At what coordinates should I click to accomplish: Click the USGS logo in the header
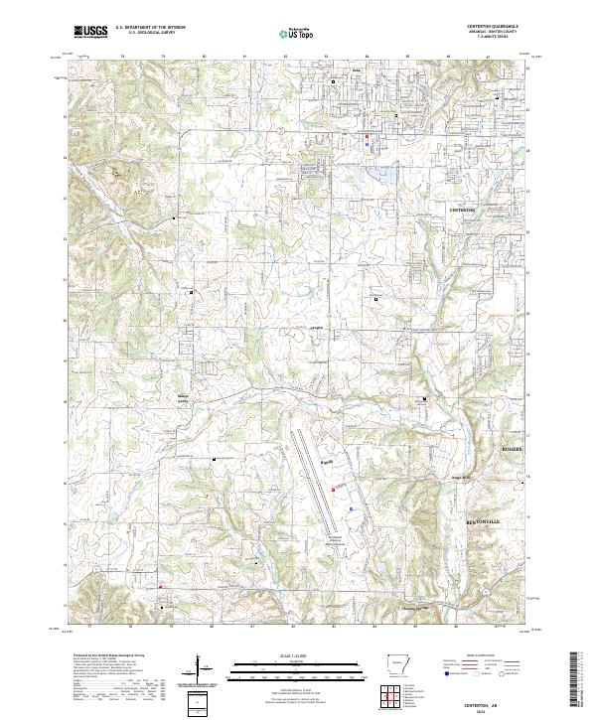point(90,32)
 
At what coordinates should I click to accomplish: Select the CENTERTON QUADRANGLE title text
point(496,27)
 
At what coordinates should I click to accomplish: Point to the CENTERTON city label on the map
point(464,212)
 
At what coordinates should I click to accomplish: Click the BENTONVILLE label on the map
point(488,520)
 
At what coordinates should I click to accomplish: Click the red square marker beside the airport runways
point(334,489)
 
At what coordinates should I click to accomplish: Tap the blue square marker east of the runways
point(350,507)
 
